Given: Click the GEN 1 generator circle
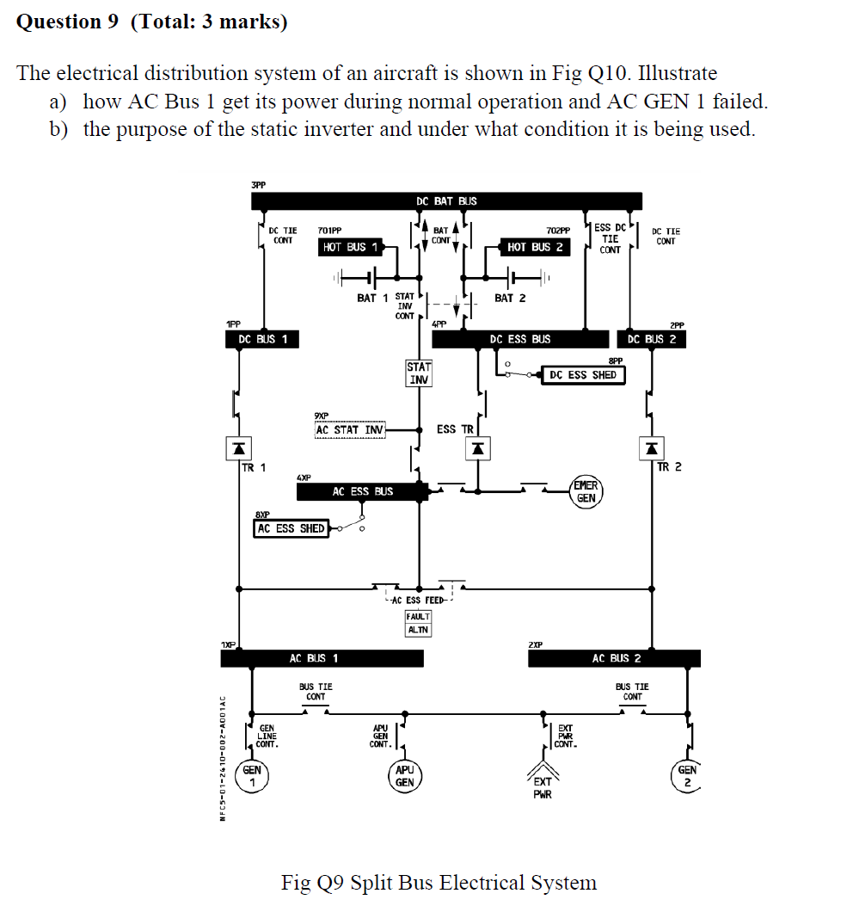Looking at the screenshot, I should point(252,777).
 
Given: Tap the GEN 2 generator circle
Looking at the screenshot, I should point(687,776).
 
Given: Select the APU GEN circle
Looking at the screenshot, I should point(404,776).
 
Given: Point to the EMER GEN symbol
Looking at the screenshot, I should point(586,491).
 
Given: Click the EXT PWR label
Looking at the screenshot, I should point(543,787).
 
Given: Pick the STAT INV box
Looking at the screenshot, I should point(419,373).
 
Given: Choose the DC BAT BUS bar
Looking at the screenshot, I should point(446,201).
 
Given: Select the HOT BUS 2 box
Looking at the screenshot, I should point(535,247).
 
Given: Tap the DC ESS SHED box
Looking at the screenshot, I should point(582,375).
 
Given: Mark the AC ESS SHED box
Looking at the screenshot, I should point(291,528).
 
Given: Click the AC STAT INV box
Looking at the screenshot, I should point(350,429).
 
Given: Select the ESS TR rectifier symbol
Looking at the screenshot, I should point(479,448).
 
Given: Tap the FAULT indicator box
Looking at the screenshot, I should point(419,616).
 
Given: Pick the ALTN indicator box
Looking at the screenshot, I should point(419,630).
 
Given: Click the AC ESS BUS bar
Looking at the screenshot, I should point(362,491).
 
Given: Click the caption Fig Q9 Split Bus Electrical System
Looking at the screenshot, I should point(439,883).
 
